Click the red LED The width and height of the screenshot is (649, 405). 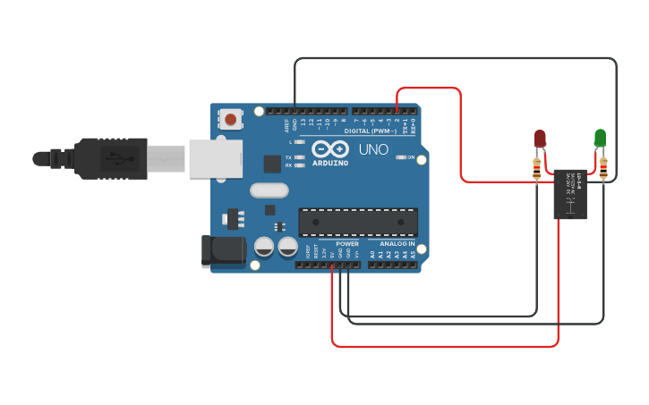coord(540,138)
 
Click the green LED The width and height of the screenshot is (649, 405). coord(600,137)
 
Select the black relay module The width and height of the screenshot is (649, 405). coord(570,193)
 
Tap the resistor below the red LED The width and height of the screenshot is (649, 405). coord(537,167)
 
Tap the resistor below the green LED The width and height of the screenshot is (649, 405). coord(603,167)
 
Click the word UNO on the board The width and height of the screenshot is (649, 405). coord(373,149)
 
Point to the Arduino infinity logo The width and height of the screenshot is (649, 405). coord(328,149)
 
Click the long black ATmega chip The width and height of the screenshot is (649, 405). coord(358,223)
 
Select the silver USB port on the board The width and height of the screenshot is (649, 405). coord(214,158)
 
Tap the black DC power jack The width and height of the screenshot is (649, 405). coord(224,251)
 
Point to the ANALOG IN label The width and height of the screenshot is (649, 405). coord(397,243)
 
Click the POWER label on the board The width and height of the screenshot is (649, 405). coord(346,243)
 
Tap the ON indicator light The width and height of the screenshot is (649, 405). coord(400,157)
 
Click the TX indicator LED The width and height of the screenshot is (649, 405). coord(300,157)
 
